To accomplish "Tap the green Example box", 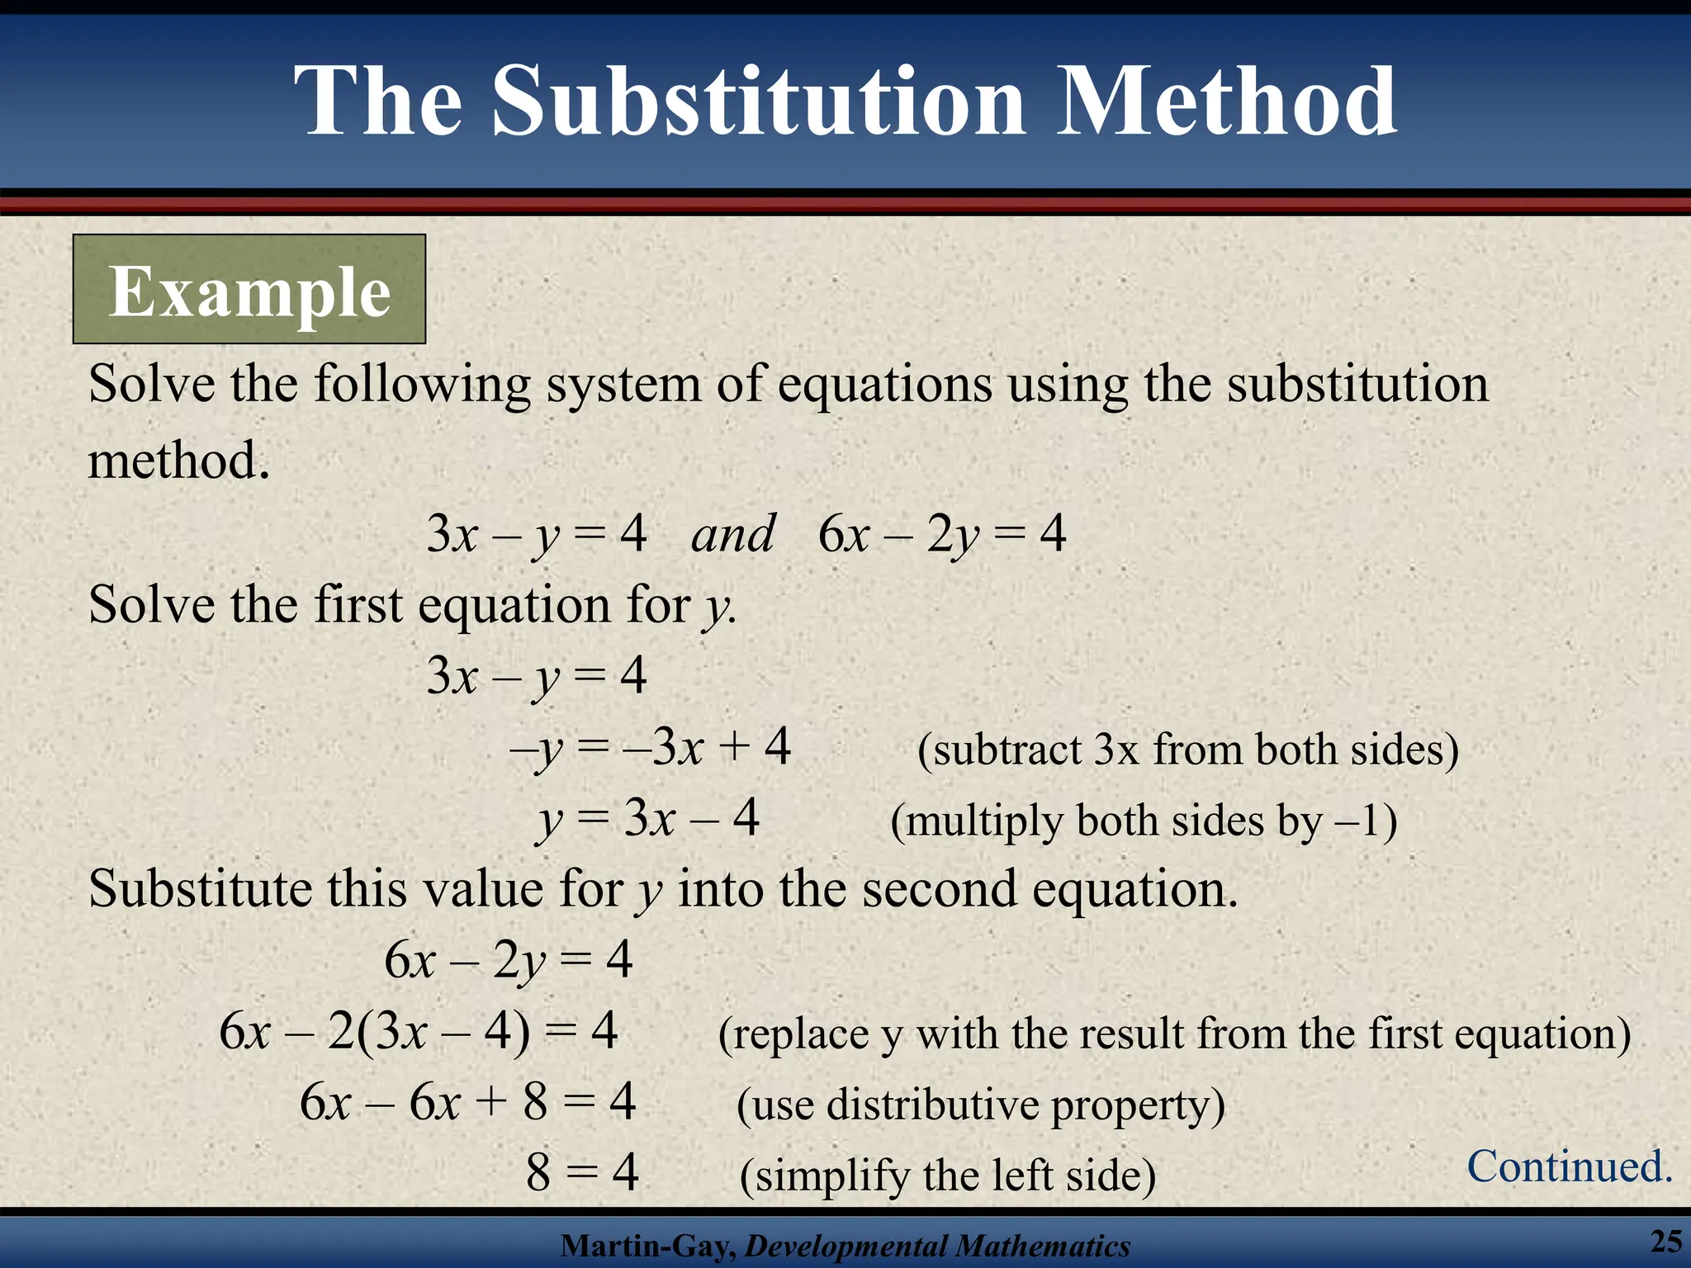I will click(249, 290).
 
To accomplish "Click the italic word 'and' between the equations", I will click(732, 533).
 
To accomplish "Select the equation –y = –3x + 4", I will click(651, 747).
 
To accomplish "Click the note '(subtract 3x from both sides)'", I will click(1187, 750).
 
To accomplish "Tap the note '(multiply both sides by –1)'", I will click(1144, 821).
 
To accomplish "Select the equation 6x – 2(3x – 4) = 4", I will click(419, 1031).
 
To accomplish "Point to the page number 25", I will click(1666, 1241).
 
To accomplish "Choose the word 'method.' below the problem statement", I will click(179, 460).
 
